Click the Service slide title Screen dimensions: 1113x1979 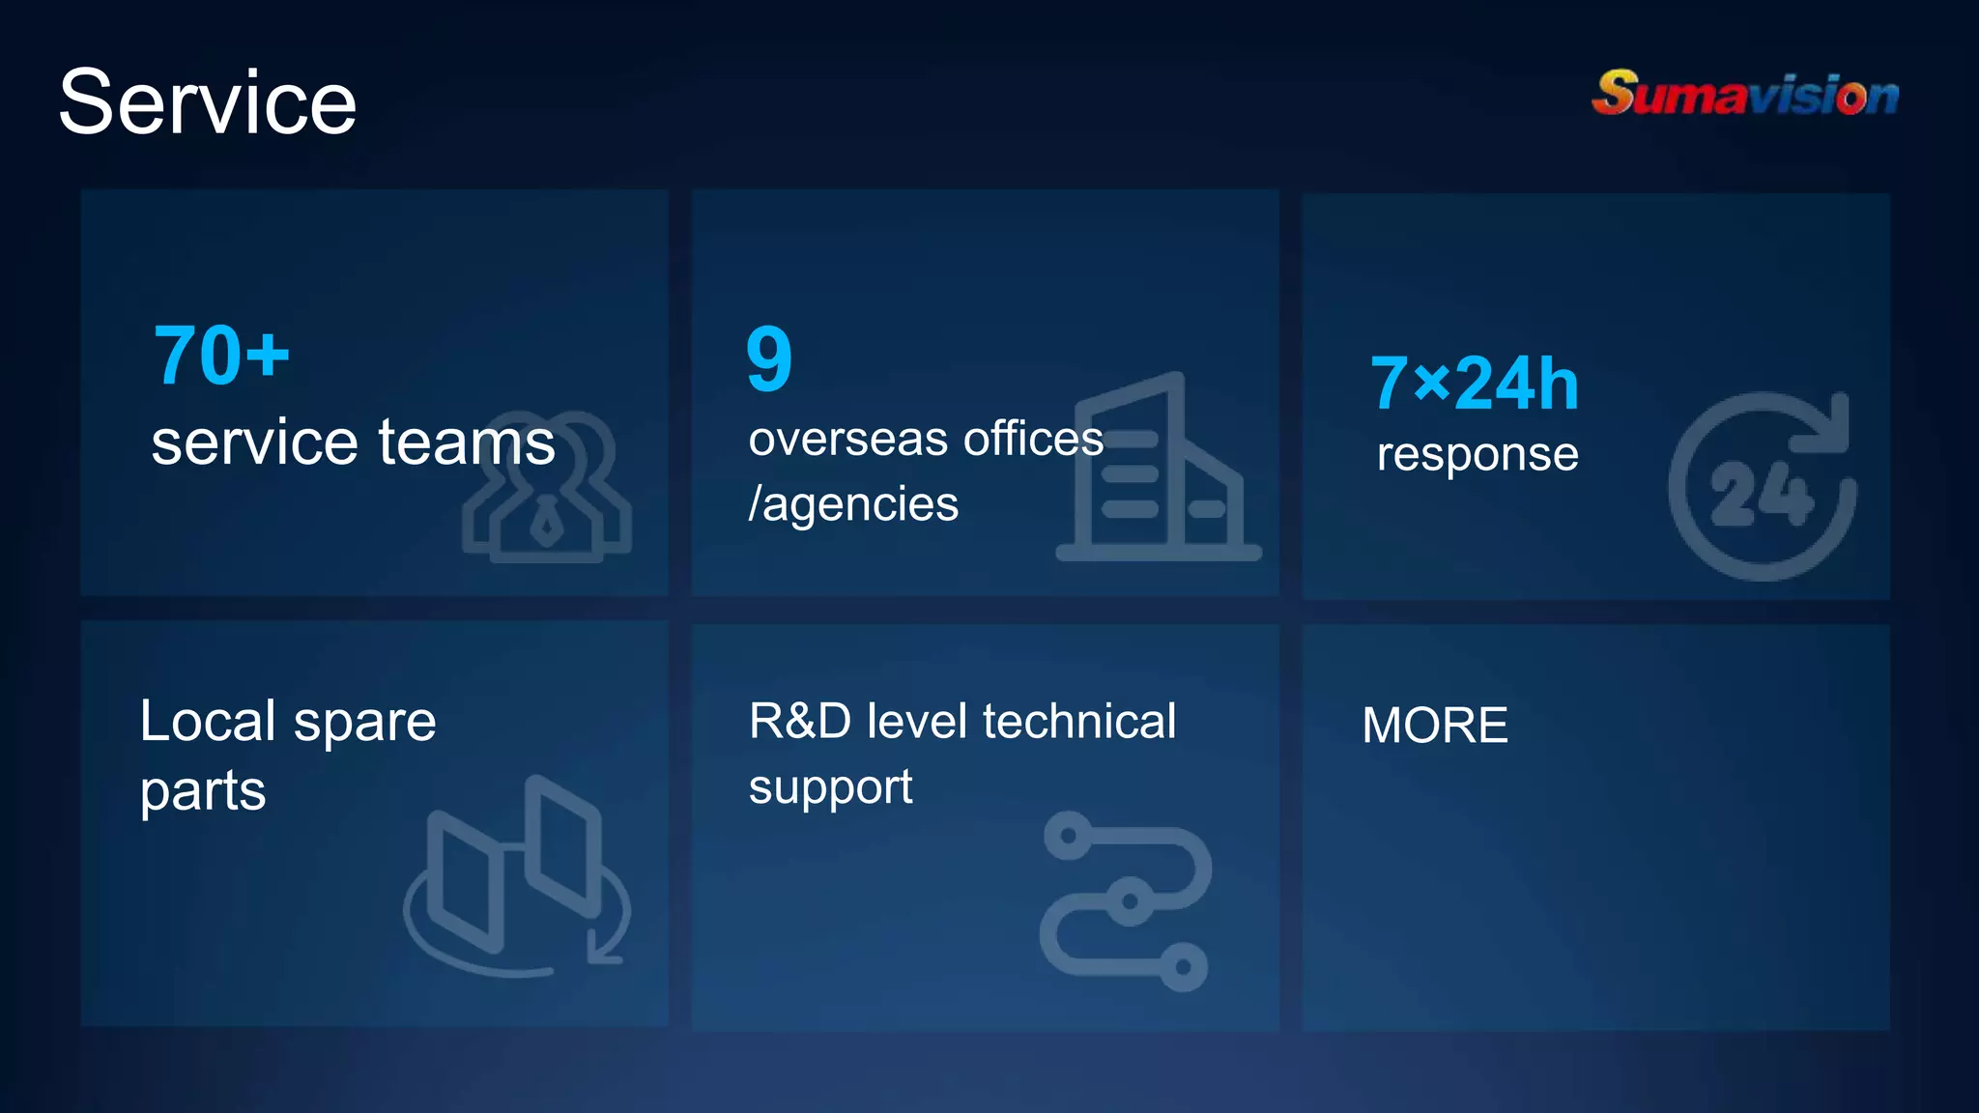coord(208,102)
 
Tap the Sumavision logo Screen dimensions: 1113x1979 coord(1745,95)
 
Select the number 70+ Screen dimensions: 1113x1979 coord(221,356)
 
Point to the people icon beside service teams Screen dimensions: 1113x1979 coord(548,489)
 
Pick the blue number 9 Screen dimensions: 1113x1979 coord(769,358)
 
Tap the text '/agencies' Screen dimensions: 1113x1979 coord(853,504)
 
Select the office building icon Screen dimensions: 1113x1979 coord(1159,470)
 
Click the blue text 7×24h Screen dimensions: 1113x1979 coord(1475,384)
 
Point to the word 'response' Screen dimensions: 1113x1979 coord(1477,454)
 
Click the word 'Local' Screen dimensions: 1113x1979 coord(208,721)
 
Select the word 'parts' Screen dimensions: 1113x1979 coord(203,791)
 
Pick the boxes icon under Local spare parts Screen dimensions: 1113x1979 coord(518,874)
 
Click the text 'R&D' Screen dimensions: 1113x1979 coord(800,721)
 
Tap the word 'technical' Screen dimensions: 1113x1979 coord(1079,721)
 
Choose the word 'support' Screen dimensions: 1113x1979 coord(830,787)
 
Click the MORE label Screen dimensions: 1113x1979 coord(1435,726)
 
